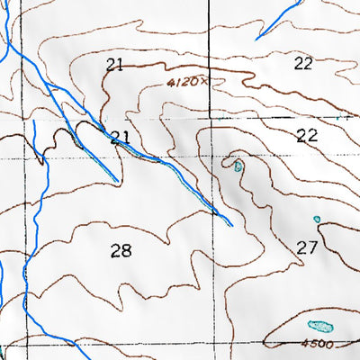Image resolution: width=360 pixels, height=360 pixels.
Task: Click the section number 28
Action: (120, 250)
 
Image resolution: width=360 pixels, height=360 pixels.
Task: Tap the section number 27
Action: (307, 247)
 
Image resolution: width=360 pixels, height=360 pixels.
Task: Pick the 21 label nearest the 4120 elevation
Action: (113, 64)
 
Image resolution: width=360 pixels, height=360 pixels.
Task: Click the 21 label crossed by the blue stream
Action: (120, 137)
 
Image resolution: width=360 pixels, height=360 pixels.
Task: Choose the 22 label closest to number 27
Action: (307, 136)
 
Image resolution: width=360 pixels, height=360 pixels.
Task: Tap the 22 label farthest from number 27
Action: (302, 63)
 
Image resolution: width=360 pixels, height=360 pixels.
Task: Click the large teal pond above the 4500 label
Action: (319, 327)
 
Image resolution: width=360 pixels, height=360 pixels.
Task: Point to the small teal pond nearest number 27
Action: (316, 219)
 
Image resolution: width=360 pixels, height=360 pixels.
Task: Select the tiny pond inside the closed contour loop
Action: (238, 166)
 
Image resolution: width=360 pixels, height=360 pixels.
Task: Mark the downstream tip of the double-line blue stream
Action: (230, 224)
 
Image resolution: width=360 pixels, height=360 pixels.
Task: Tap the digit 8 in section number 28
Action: (125, 250)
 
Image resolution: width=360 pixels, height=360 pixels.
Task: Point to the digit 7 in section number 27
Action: (312, 247)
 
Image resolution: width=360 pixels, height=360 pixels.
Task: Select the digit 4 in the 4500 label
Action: (305, 344)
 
